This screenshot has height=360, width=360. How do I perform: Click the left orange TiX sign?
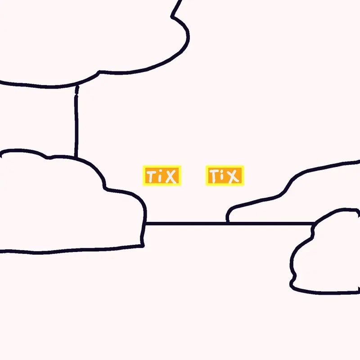point(162,175)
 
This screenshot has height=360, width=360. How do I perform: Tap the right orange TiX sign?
point(225,175)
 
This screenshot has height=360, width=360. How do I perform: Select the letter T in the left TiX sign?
point(151,176)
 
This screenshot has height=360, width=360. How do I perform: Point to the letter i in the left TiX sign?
point(161,177)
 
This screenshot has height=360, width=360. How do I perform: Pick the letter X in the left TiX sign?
point(171,176)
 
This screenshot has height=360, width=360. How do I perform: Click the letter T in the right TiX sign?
point(214,176)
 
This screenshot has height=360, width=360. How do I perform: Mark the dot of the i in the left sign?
point(161,173)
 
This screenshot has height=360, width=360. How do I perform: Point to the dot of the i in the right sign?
point(222,173)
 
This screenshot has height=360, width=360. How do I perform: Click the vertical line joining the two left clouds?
point(76,121)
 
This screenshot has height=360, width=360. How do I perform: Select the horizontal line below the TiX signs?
point(230,223)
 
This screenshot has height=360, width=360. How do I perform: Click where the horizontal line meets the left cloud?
point(145,223)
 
